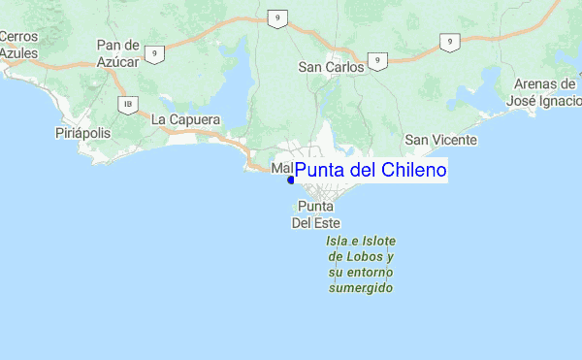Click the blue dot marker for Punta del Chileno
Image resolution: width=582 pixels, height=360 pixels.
(291, 180)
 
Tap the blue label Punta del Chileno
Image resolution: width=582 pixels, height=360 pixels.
(371, 171)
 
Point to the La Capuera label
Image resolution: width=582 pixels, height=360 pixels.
(186, 119)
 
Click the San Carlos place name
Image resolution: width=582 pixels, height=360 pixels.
(330, 67)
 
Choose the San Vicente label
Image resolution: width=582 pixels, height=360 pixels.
(441, 140)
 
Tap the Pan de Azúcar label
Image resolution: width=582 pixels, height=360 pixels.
(120, 52)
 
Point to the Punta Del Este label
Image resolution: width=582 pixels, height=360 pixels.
(315, 214)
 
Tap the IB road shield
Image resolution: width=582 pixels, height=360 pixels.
(126, 104)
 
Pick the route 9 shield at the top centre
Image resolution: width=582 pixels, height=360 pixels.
(277, 18)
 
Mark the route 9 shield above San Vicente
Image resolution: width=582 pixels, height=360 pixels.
(448, 42)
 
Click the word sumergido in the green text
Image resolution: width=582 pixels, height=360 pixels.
(361, 288)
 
